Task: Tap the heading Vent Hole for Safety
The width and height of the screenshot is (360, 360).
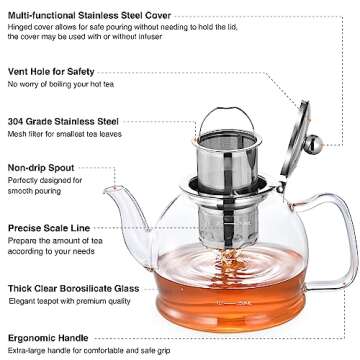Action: (53, 70)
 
